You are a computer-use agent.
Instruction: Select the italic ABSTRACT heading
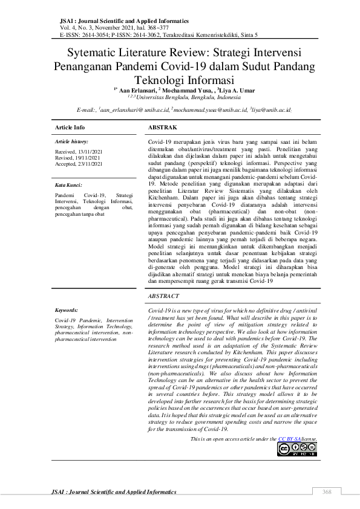[x=163, y=296]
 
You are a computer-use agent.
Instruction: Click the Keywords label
[x=67, y=309]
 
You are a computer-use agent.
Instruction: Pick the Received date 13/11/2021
[x=70, y=152]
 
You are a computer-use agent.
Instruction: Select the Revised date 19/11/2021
[x=69, y=157]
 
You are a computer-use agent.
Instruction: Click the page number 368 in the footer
[x=327, y=491]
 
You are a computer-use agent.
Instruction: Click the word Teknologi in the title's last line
[x=160, y=80]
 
